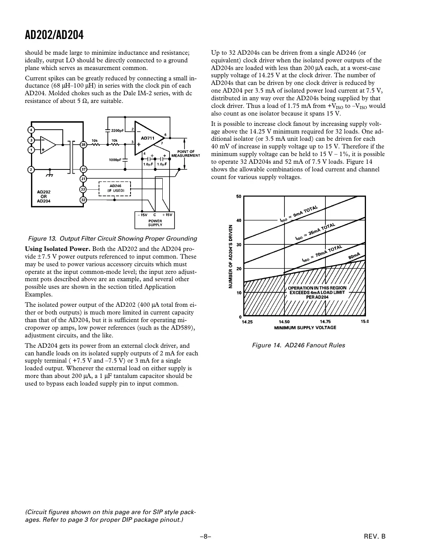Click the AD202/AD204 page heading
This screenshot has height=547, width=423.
point(54,36)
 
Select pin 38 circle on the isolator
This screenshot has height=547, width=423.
point(83,145)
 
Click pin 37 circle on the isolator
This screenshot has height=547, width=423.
point(83,169)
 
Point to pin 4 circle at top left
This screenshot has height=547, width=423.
point(31,130)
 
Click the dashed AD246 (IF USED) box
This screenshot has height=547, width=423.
point(115,188)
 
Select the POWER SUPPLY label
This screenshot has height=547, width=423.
point(155,223)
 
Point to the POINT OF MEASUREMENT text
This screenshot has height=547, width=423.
point(186,153)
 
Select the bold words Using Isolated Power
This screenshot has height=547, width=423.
point(57,249)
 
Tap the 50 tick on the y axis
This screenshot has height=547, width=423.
point(238,197)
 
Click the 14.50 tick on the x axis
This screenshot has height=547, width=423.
point(284,322)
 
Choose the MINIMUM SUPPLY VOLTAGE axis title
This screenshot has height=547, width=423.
point(305,327)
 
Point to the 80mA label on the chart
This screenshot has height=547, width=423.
point(354,256)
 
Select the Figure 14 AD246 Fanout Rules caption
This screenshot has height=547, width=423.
point(298,345)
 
